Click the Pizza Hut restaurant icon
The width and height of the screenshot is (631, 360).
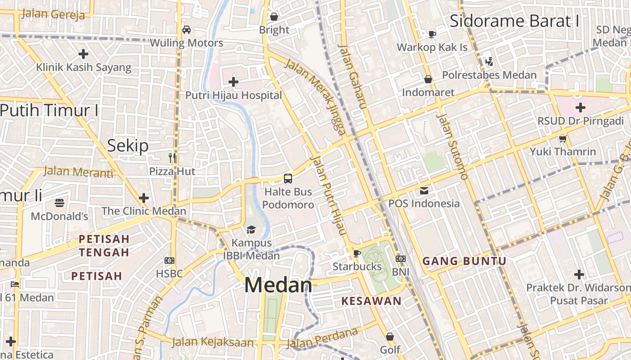click(172, 158)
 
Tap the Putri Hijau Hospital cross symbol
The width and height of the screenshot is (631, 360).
click(233, 82)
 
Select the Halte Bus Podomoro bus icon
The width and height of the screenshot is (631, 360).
click(288, 178)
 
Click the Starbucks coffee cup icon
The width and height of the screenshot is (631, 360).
click(357, 253)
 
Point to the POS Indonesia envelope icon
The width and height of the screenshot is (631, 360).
click(424, 190)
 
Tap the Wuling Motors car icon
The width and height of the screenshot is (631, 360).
click(186, 30)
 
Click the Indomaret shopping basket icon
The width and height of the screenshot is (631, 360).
click(428, 79)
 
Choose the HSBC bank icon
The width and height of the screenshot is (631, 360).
click(169, 260)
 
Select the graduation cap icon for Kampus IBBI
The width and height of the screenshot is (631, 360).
click(251, 230)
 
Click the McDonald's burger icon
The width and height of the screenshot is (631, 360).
click(59, 203)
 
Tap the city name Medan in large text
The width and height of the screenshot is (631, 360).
click(278, 285)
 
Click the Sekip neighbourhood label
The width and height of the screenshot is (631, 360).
click(128, 145)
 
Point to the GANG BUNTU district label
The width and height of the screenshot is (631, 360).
click(465, 261)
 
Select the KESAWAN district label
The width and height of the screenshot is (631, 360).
click(371, 301)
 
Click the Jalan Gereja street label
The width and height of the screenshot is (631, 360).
click(53, 14)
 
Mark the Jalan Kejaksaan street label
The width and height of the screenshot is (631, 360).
click(213, 342)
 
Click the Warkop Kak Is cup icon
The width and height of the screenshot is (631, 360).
click(432, 34)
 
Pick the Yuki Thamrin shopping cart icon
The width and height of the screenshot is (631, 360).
click(562, 139)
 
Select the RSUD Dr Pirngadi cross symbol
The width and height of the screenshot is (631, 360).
click(581, 108)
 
